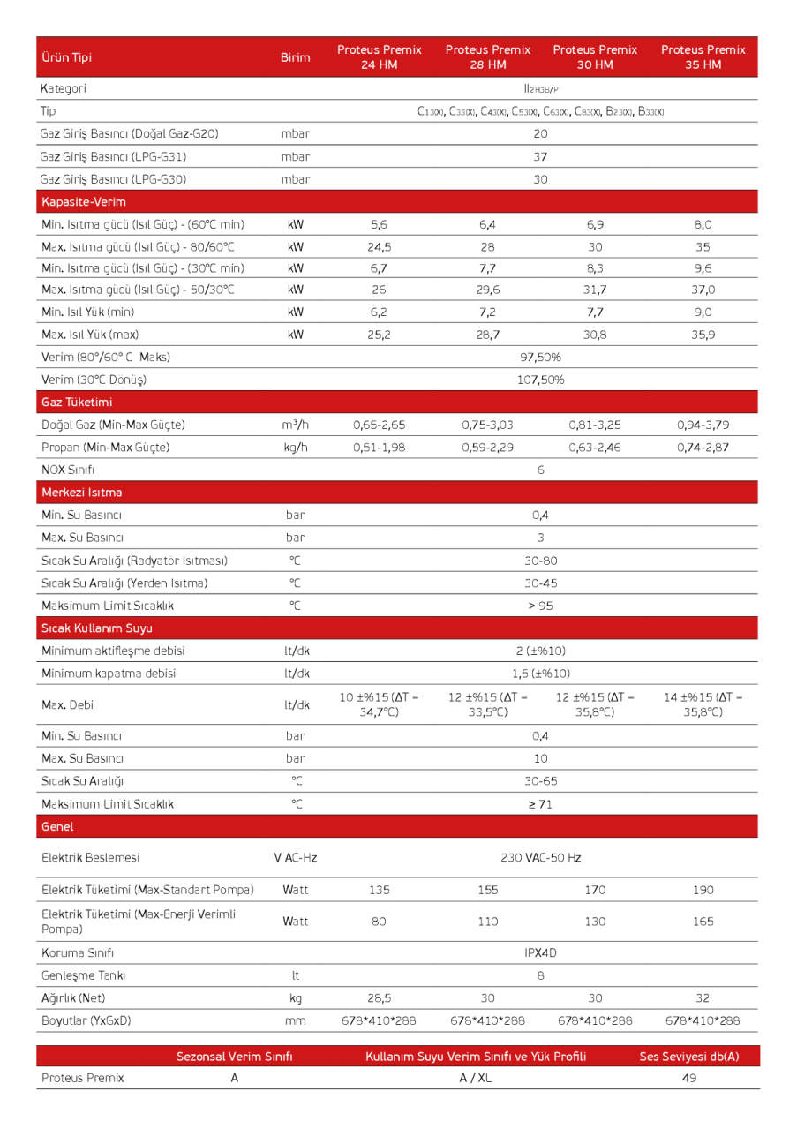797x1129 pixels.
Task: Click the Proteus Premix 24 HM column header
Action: point(380,57)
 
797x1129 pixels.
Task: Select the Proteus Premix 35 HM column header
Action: point(703,57)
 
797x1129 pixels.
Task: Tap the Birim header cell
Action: point(295,57)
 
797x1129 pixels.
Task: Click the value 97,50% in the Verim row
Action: point(540,358)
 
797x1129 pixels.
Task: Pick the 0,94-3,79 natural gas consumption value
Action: point(703,425)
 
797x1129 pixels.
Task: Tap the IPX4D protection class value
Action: point(540,953)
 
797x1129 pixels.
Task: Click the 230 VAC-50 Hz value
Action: point(540,857)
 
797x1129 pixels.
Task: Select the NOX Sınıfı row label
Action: point(68,470)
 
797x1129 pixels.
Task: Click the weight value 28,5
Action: point(380,998)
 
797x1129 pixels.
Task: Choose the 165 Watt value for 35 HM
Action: point(703,922)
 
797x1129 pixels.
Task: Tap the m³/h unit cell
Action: point(295,425)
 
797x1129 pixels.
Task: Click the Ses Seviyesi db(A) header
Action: point(688,1057)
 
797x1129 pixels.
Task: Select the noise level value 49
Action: point(689,1078)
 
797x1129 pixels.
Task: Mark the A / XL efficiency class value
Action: point(476,1078)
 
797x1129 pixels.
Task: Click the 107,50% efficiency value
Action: point(540,380)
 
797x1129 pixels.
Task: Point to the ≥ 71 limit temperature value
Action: point(540,804)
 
